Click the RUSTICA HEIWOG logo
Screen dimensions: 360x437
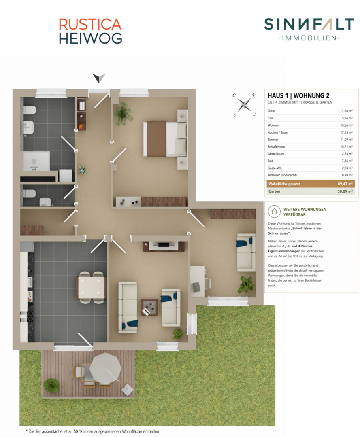click(90, 31)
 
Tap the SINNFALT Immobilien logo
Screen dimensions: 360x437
click(309, 29)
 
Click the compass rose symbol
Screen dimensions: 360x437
click(244, 104)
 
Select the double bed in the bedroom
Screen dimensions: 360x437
click(164, 138)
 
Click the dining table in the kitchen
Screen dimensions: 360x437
click(92, 287)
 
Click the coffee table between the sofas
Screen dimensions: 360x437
click(149, 308)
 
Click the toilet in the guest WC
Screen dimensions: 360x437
click(30, 193)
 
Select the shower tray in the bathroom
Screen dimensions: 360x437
click(36, 161)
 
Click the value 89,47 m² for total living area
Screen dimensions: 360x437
click(345, 184)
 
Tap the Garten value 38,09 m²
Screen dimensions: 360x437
click(345, 191)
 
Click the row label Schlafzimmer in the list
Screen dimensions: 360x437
click(277, 146)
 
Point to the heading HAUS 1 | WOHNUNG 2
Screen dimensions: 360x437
click(298, 95)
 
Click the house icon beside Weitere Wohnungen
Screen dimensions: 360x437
click(274, 212)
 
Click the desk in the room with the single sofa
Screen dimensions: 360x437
click(198, 281)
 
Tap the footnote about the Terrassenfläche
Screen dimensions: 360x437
click(94, 431)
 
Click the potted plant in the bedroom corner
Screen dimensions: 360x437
click(123, 114)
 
